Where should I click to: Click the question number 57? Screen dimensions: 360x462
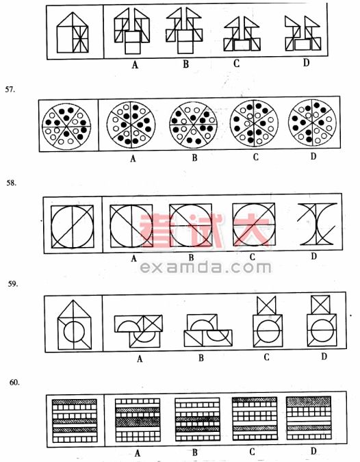(x=10, y=89)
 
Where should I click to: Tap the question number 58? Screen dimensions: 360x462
(x=12, y=183)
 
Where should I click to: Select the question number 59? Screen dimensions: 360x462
(x=13, y=284)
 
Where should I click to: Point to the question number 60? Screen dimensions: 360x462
(x=14, y=383)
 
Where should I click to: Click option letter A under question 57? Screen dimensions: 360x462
(x=133, y=159)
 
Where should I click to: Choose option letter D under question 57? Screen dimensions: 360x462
(x=313, y=156)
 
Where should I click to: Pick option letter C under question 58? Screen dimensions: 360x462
(x=252, y=257)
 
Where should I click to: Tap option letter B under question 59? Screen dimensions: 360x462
(x=201, y=358)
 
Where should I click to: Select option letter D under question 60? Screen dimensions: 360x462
(x=313, y=451)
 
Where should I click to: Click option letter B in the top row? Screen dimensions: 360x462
(x=186, y=64)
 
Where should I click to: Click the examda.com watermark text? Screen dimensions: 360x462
(x=205, y=268)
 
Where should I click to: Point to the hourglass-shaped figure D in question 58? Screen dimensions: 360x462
(x=318, y=224)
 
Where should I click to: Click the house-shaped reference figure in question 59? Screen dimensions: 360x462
(x=75, y=324)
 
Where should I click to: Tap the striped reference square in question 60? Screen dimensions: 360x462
(x=75, y=421)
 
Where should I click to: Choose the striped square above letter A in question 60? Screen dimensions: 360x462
(x=138, y=420)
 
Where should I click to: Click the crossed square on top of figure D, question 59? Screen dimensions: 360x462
(x=321, y=305)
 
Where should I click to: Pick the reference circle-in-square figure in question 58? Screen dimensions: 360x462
(x=73, y=227)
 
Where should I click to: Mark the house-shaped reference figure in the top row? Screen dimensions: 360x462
(x=73, y=32)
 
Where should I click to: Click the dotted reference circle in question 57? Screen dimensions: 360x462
(x=66, y=127)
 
